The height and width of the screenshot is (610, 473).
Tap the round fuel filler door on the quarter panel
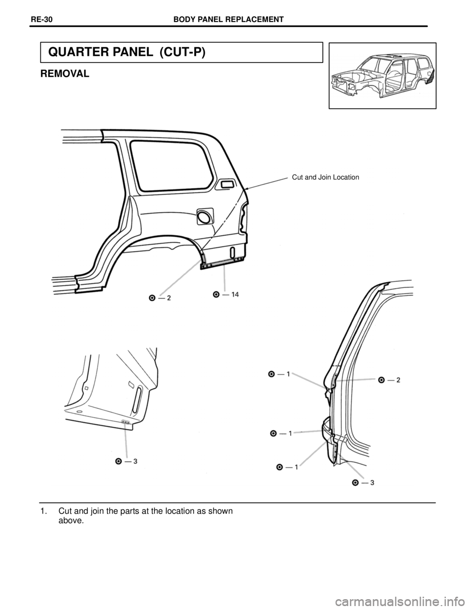(x=204, y=216)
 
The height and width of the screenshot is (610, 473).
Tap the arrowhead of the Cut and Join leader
(x=246, y=190)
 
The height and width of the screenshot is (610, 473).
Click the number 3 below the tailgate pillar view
(x=371, y=482)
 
